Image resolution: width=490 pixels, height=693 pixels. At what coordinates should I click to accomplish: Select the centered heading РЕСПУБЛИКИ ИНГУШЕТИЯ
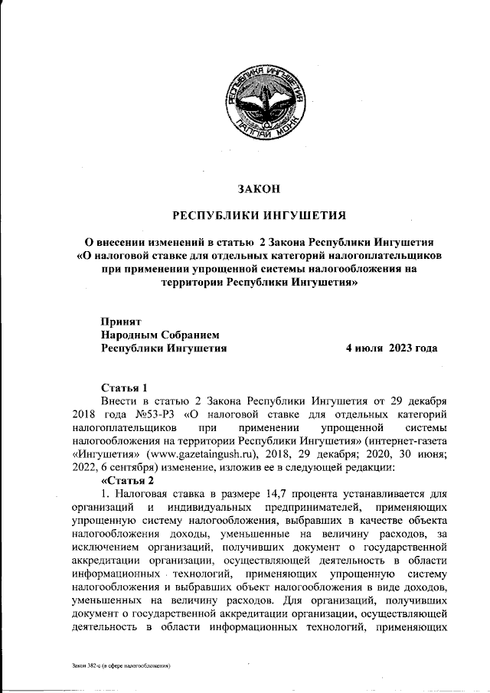(258, 214)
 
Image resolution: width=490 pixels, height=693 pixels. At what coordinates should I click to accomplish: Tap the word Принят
(122, 321)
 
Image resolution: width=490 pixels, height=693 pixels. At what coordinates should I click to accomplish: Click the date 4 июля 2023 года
(391, 348)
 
